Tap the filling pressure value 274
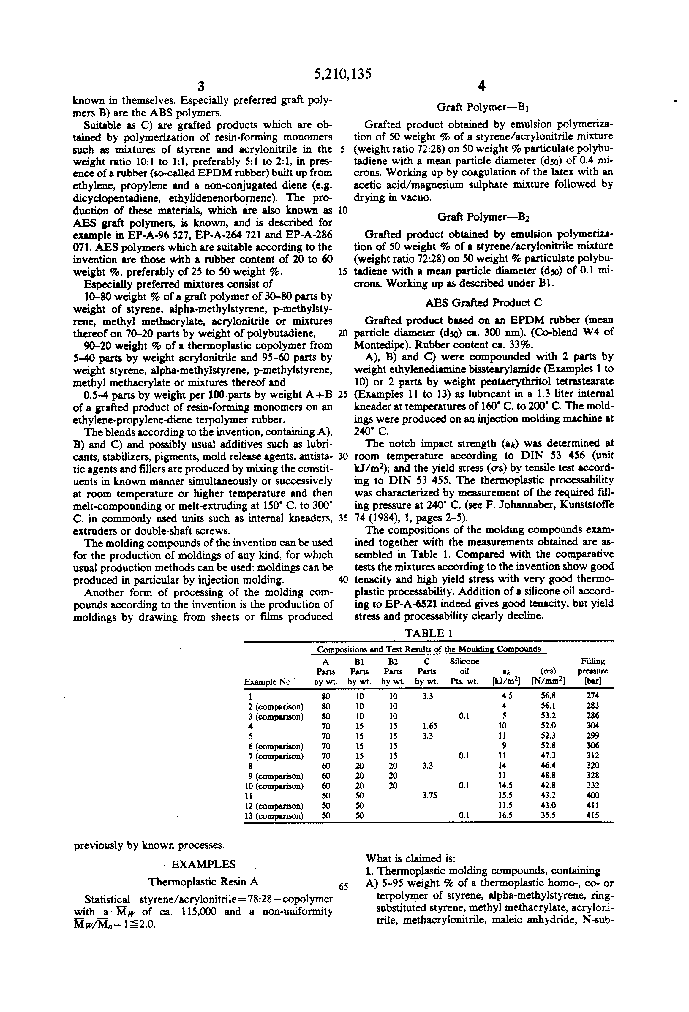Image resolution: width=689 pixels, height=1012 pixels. (x=593, y=696)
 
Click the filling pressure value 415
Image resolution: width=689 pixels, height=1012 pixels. (x=593, y=815)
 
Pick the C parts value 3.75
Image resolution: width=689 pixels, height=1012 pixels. (x=429, y=795)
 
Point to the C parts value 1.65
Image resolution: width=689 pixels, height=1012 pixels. (x=429, y=726)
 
